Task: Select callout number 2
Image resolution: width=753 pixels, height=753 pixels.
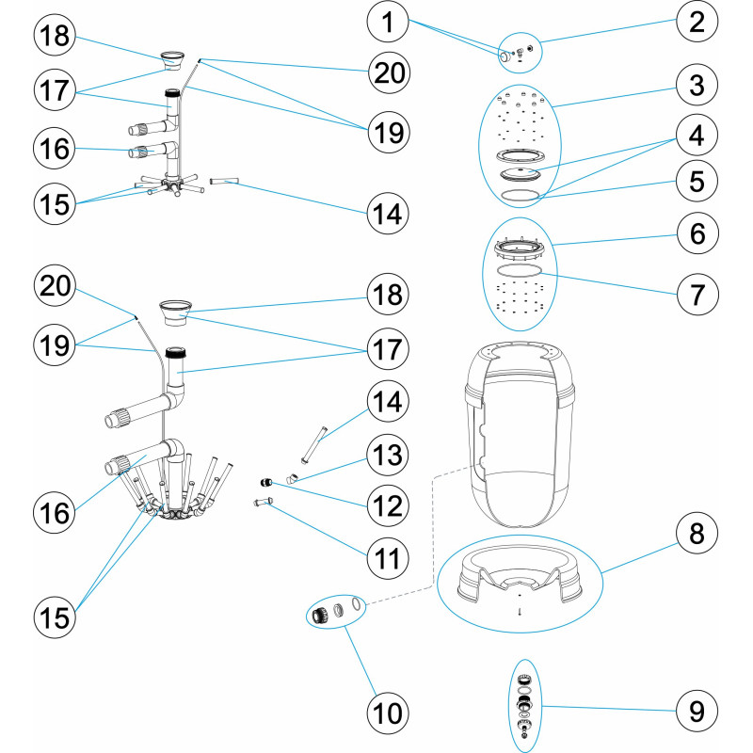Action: click(696, 23)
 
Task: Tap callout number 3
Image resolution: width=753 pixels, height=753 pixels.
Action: click(696, 88)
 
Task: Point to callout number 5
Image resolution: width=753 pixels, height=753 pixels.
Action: click(696, 181)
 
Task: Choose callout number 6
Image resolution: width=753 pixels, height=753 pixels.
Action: click(696, 232)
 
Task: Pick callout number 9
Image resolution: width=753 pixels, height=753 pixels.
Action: click(696, 709)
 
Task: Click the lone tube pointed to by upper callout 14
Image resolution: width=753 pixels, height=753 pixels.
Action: click(226, 180)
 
